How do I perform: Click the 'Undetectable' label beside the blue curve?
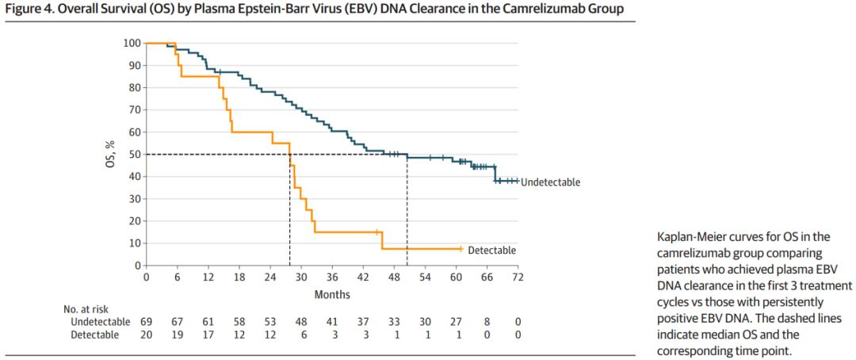tap(550, 182)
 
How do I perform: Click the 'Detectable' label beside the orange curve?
tap(491, 250)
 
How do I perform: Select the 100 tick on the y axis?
tap(132, 43)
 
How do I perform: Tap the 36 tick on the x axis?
tap(331, 278)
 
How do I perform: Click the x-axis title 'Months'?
tap(331, 293)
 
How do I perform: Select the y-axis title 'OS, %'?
tap(112, 154)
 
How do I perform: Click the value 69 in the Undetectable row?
tap(146, 321)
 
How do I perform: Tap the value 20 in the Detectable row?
tap(146, 335)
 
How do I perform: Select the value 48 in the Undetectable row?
tap(300, 321)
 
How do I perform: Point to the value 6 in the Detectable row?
tap(300, 335)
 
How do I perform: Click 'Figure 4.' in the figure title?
tap(32, 9)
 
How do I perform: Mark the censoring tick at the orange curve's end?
tap(460, 248)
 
